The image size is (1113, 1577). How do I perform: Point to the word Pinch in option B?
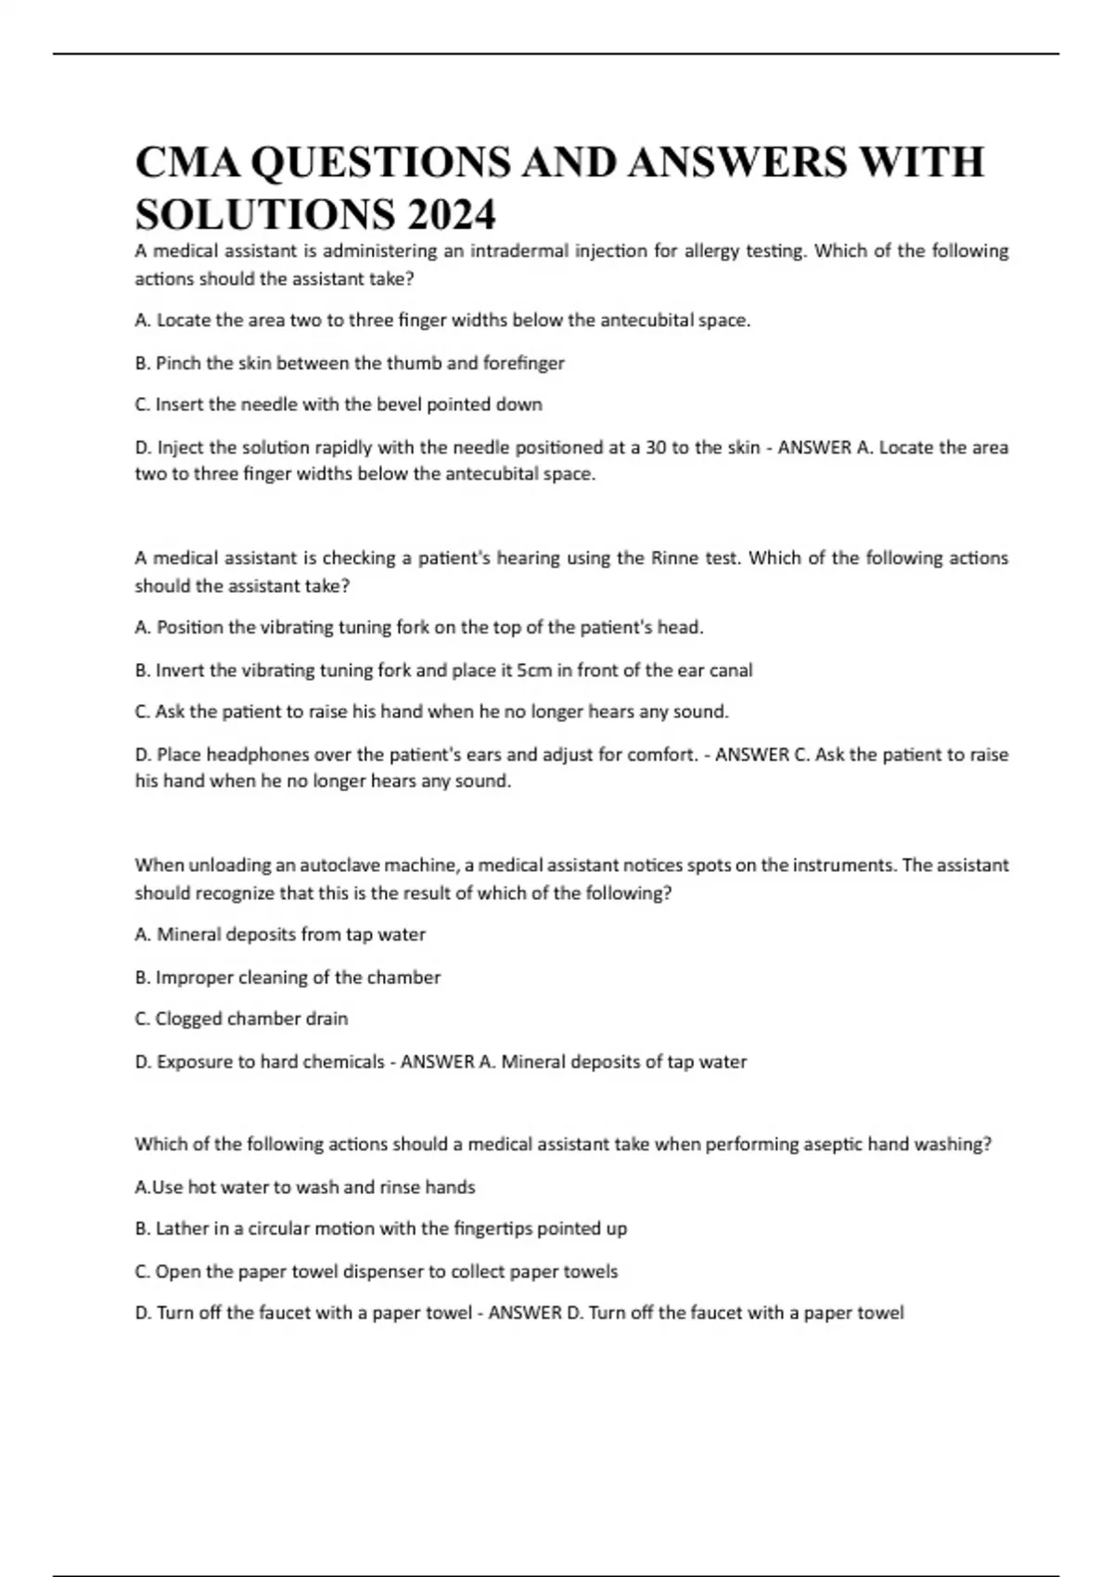tap(176, 363)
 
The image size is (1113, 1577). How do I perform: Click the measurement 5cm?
tap(533, 670)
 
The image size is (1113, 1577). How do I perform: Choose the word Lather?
tap(182, 1228)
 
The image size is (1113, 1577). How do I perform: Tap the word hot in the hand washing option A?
tap(201, 1186)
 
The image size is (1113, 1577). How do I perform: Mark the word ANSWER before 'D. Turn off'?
tap(525, 1313)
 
